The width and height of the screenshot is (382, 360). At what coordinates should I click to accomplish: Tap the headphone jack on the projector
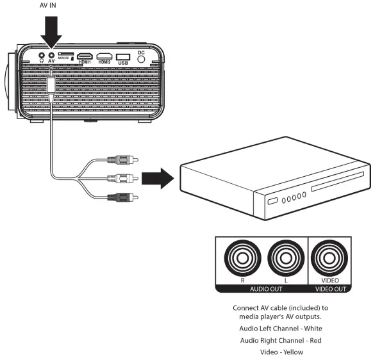[42, 56]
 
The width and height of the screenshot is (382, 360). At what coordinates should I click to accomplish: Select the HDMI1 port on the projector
[85, 56]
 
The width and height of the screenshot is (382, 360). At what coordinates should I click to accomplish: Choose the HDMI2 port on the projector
[104, 56]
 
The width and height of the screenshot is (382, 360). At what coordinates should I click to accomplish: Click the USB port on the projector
[124, 56]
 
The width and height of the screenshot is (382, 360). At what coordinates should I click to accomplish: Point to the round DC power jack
[142, 58]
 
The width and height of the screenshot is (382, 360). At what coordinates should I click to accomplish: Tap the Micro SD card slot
[65, 56]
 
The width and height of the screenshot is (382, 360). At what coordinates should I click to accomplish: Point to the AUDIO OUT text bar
[262, 288]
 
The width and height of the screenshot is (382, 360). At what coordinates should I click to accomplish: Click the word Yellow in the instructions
[292, 352]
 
